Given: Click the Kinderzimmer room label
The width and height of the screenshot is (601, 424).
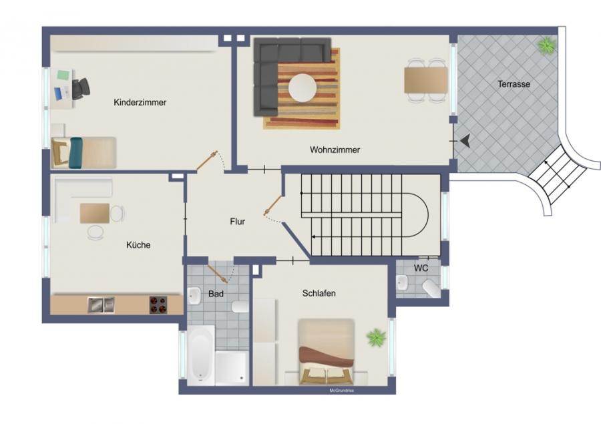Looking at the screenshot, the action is click(140, 102).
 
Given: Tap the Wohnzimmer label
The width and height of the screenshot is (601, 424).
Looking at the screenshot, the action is click(335, 150).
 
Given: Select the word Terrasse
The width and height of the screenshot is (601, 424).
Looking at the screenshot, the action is click(514, 84).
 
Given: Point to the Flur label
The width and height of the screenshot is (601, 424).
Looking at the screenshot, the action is click(237, 221).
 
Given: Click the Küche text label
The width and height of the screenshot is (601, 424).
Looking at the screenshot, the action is click(138, 245).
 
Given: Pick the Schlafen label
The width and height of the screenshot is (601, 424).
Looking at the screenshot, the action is click(319, 293).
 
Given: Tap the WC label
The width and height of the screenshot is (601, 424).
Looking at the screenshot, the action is click(421, 268).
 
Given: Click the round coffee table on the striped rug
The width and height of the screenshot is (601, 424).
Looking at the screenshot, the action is click(303, 87).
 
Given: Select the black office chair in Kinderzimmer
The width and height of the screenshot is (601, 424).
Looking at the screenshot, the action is click(81, 88).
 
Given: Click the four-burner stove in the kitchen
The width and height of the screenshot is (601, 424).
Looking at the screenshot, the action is click(158, 304).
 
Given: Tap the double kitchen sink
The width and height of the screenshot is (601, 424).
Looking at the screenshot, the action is click(102, 305).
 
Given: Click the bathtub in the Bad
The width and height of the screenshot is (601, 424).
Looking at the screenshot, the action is click(201, 355).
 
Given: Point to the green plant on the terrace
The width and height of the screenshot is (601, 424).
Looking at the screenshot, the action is click(547, 45).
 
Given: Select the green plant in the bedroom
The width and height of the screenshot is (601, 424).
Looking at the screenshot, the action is click(375, 337).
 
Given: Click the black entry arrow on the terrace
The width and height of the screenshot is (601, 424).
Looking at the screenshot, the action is click(465, 141).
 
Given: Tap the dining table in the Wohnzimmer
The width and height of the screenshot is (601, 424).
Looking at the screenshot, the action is click(426, 79).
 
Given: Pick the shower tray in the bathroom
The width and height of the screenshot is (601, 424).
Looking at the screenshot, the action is click(231, 367).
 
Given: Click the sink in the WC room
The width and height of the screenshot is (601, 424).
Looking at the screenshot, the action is click(403, 283).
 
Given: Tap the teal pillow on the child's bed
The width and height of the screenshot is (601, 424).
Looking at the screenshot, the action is click(75, 153).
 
